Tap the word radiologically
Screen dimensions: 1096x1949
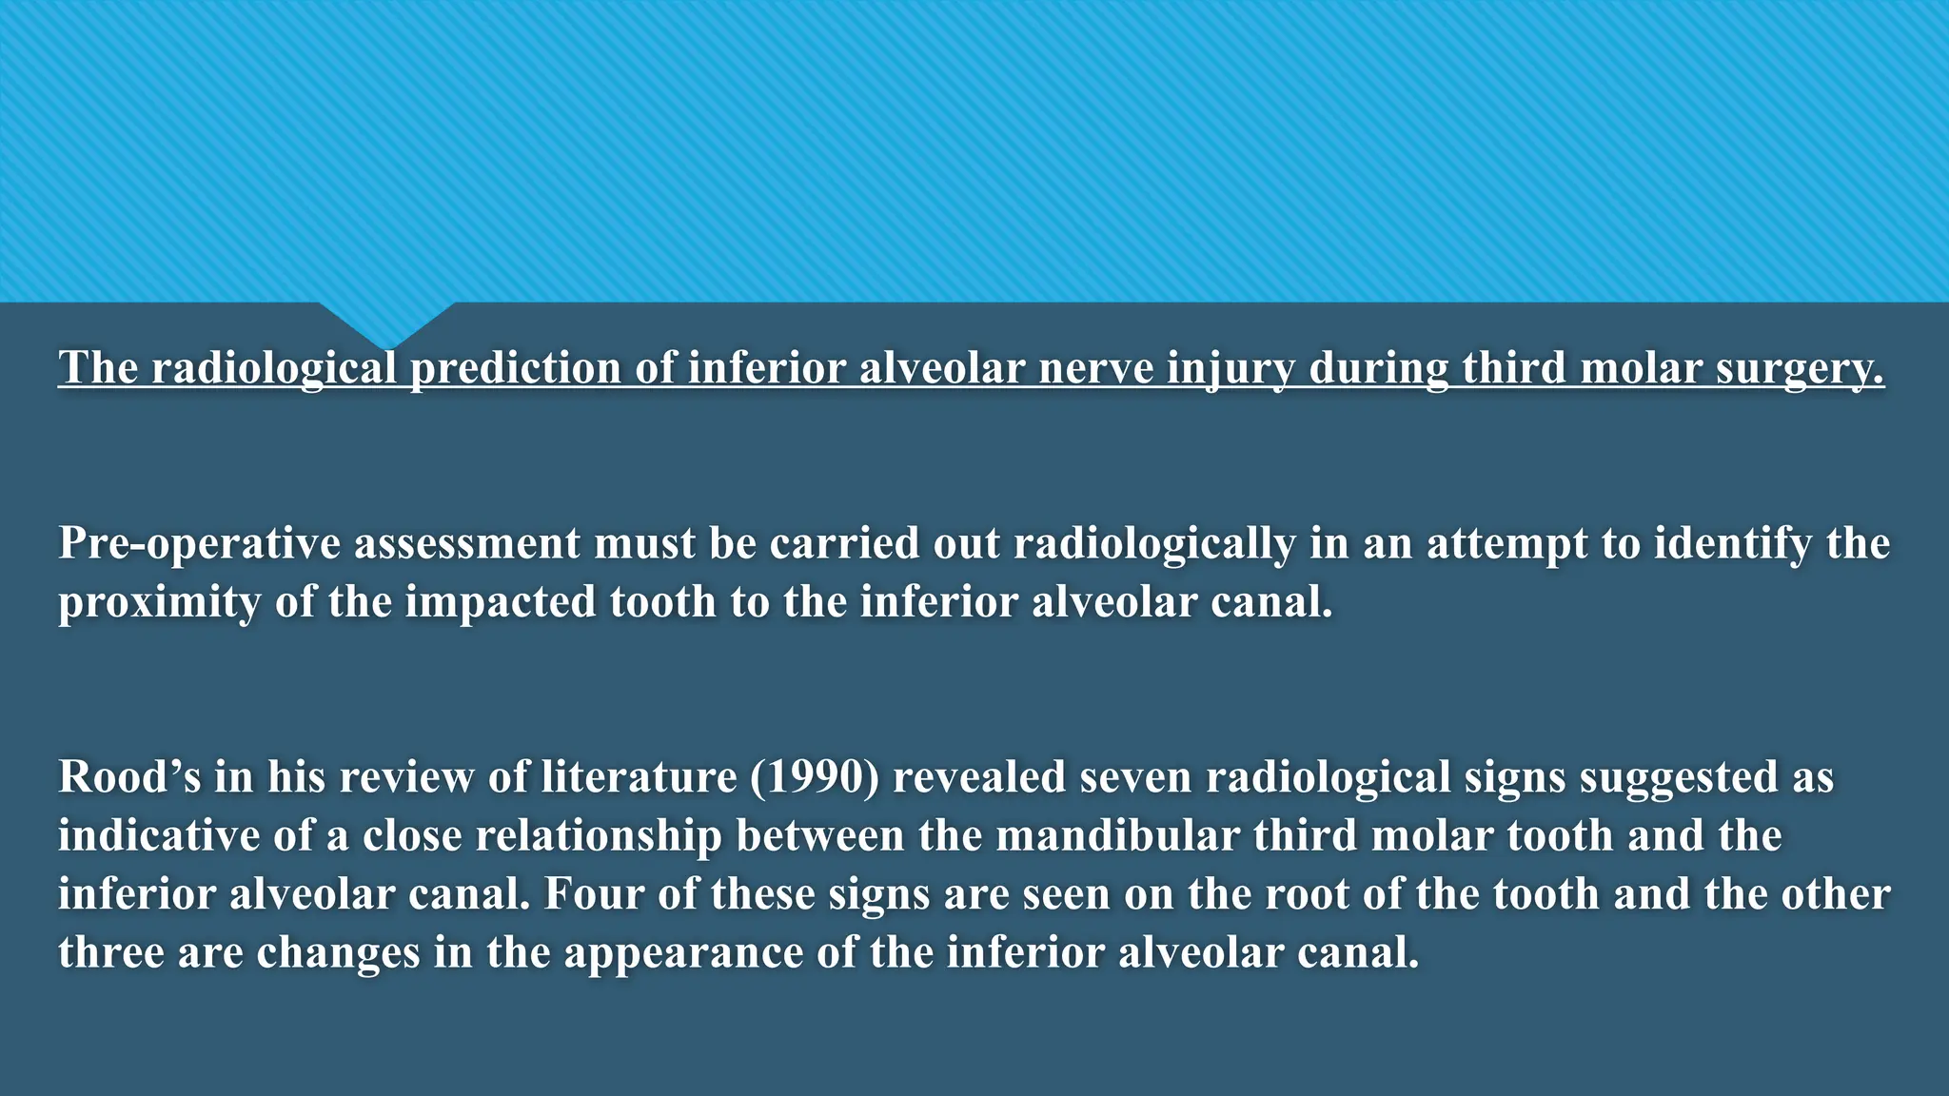coord(1154,543)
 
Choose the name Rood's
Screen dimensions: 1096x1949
coord(129,777)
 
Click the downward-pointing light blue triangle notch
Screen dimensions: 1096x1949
coord(386,323)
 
